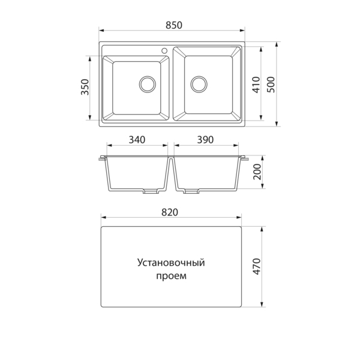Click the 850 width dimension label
click(172, 25)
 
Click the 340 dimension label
click(137, 140)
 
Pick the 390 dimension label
click(205, 140)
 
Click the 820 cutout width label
click(171, 213)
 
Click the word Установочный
click(171, 262)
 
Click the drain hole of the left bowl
click(146, 84)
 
